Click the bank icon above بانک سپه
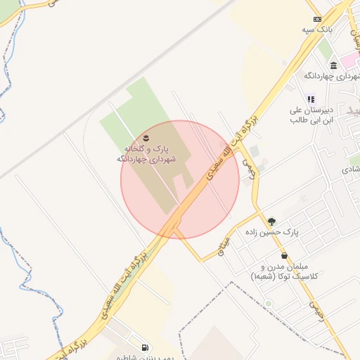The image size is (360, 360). click(x=317, y=19)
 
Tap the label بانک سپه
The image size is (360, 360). click(x=317, y=30)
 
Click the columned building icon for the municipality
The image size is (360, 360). click(x=333, y=65)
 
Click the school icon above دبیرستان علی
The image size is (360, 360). click(x=311, y=100)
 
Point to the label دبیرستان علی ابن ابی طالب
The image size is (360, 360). click(x=316, y=115)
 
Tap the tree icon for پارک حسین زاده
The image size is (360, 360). click(x=272, y=221)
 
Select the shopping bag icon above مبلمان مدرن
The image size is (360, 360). click(x=284, y=256)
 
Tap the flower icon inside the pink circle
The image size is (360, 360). click(x=146, y=136)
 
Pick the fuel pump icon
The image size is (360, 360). click(x=145, y=347)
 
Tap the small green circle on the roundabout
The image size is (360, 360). click(x=268, y=304)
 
